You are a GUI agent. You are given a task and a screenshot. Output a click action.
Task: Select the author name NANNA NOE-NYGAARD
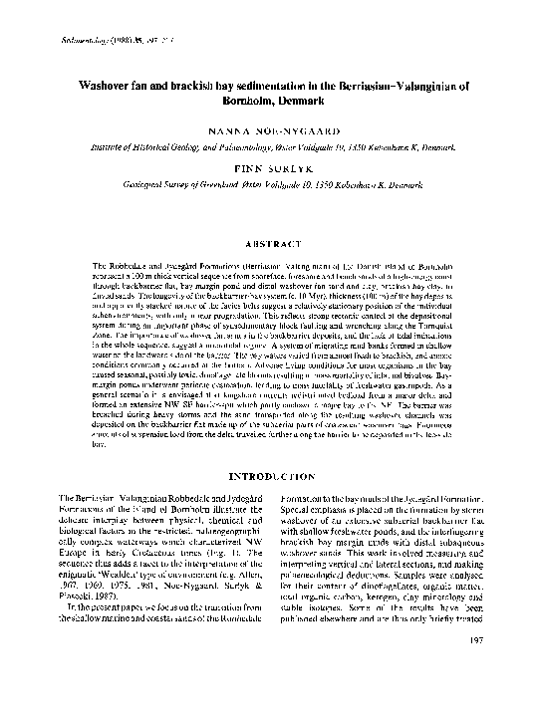(x=269, y=130)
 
